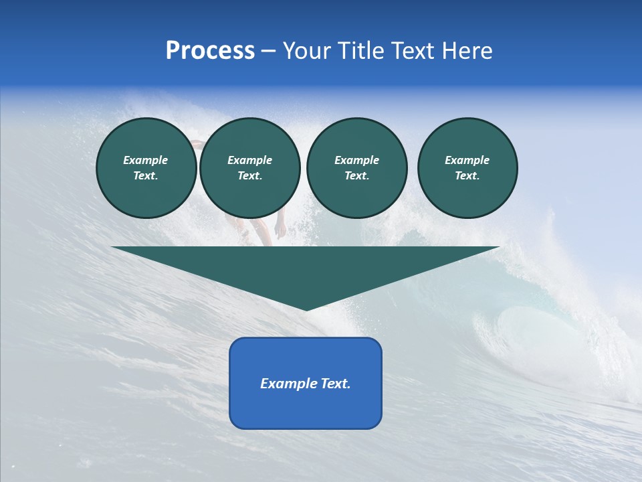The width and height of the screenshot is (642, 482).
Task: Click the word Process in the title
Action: pyautogui.click(x=210, y=51)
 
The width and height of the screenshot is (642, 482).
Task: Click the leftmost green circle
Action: pyautogui.click(x=146, y=168)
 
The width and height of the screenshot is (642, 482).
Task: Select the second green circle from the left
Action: pyautogui.click(x=249, y=168)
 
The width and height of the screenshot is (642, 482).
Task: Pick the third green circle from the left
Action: pyautogui.click(x=356, y=168)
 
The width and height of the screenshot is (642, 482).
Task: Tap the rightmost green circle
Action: pyautogui.click(x=467, y=168)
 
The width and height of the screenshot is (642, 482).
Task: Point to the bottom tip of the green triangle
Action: pyautogui.click(x=306, y=309)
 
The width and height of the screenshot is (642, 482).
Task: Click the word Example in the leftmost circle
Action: pyautogui.click(x=146, y=161)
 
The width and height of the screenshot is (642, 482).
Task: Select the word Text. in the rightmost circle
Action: pyautogui.click(x=467, y=176)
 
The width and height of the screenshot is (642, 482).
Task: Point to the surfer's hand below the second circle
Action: pyautogui.click(x=281, y=230)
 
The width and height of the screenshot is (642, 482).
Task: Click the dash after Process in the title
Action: pyautogui.click(x=268, y=52)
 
